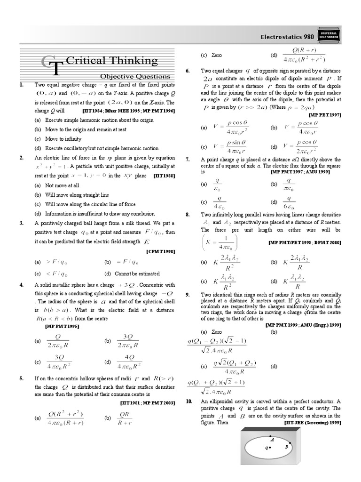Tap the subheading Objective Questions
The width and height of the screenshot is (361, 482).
click(134, 76)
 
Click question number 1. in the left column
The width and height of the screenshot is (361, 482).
click(22, 85)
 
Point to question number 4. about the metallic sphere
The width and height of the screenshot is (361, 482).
click(22, 285)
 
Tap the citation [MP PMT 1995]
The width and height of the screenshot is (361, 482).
click(59, 327)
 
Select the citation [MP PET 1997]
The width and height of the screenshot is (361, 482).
click(325, 115)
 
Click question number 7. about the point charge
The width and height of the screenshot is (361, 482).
click(188, 160)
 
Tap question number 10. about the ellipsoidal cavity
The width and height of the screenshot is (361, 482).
click(188, 401)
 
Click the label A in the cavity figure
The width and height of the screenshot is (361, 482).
click(273, 439)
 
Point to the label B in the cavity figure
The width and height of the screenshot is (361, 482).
click(286, 447)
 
